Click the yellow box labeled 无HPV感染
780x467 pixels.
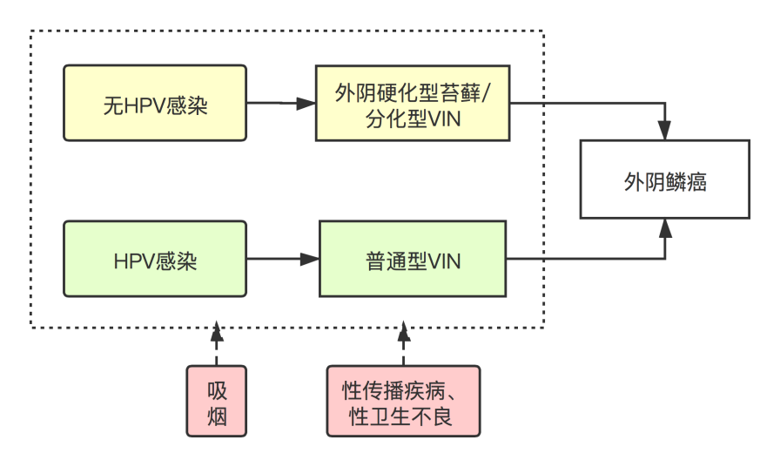tap(155, 103)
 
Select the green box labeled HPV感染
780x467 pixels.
tap(155, 259)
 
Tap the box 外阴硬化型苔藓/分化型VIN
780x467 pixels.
tap(413, 103)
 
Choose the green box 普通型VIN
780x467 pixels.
tap(413, 259)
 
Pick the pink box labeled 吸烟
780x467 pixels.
tap(217, 401)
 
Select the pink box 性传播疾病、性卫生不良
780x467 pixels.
tap(402, 401)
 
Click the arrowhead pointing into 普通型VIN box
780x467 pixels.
tap(310, 259)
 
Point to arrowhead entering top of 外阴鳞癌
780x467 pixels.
tap(665, 132)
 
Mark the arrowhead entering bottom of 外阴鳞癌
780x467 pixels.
tap(665, 228)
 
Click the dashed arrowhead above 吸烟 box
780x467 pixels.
tap(217, 332)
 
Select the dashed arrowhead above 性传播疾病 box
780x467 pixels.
tap(403, 332)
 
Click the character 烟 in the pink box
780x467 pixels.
tap(217, 416)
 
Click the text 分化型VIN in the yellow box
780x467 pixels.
tap(413, 118)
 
